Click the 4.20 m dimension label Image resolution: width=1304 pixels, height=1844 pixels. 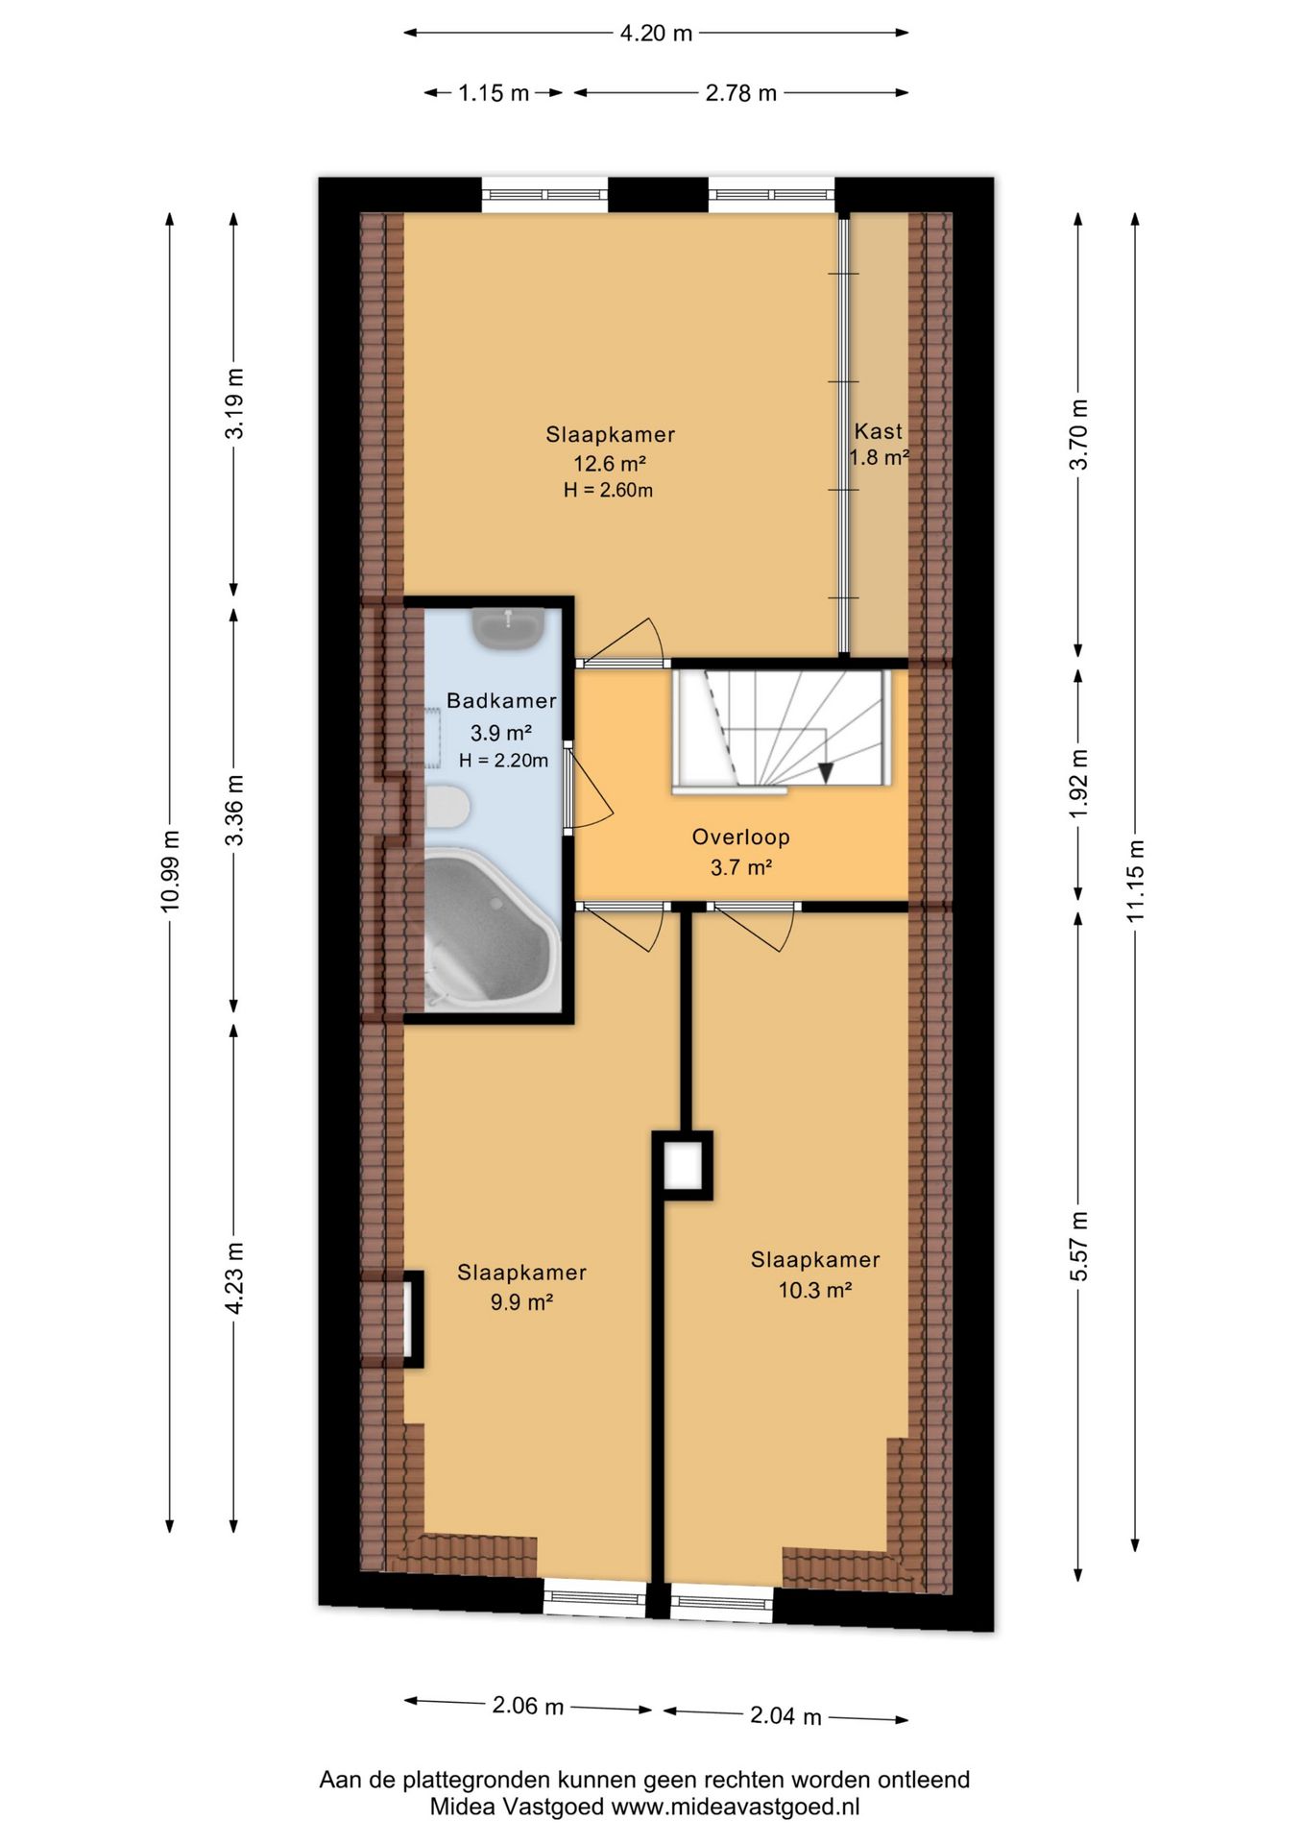(656, 34)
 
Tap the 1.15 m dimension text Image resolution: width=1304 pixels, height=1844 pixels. (494, 93)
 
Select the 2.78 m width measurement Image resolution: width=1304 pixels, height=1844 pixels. (740, 93)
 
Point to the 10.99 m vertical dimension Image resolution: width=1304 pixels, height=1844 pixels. (171, 870)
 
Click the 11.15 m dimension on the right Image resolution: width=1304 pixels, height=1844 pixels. (1136, 880)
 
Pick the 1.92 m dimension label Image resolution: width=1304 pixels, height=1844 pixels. (1079, 784)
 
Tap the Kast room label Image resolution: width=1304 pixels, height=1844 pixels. (879, 431)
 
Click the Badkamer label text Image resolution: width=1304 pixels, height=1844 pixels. (501, 701)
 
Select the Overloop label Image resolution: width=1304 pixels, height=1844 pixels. (741, 837)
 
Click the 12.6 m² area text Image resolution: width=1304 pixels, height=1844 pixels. (610, 463)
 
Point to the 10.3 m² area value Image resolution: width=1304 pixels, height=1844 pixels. (815, 1290)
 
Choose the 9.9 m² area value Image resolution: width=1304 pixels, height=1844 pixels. (521, 1302)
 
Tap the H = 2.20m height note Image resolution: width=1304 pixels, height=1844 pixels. (503, 761)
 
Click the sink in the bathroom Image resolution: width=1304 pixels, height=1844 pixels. (508, 629)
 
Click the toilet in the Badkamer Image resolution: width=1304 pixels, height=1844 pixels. (447, 807)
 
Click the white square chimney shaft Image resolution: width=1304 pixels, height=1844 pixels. (684, 1166)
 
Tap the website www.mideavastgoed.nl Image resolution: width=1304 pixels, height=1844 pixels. (736, 1807)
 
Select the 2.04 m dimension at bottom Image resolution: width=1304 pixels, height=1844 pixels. (785, 1716)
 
